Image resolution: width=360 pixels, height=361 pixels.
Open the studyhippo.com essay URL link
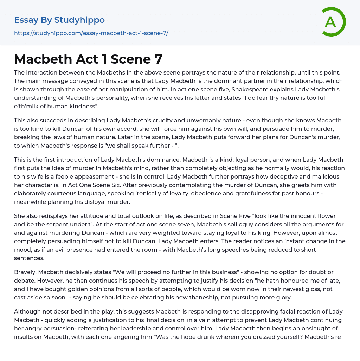[91, 33]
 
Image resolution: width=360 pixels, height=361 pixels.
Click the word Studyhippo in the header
[80, 20]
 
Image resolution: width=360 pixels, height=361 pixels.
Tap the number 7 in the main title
[158, 59]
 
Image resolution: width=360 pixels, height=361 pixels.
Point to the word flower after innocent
[313, 216]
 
